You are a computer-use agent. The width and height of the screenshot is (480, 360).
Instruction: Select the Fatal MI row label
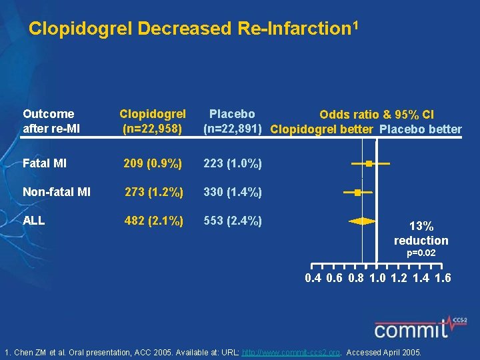click(45, 163)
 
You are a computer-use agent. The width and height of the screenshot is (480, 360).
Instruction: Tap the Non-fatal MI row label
click(57, 193)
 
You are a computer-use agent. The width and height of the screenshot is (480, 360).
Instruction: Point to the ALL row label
click(33, 221)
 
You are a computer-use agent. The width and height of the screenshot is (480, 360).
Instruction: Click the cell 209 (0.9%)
click(153, 163)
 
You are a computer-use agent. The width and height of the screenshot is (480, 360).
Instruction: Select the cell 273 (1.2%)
click(154, 193)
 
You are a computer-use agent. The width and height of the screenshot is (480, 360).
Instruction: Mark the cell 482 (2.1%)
click(154, 221)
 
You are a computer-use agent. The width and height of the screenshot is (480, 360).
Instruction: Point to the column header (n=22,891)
click(232, 129)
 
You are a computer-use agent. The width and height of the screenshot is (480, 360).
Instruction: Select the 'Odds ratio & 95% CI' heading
click(377, 115)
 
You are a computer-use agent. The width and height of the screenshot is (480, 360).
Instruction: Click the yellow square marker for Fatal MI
click(368, 163)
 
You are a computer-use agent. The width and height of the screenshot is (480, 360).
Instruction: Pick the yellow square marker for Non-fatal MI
click(357, 192)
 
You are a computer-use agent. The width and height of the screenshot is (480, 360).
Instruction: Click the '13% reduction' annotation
click(421, 233)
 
